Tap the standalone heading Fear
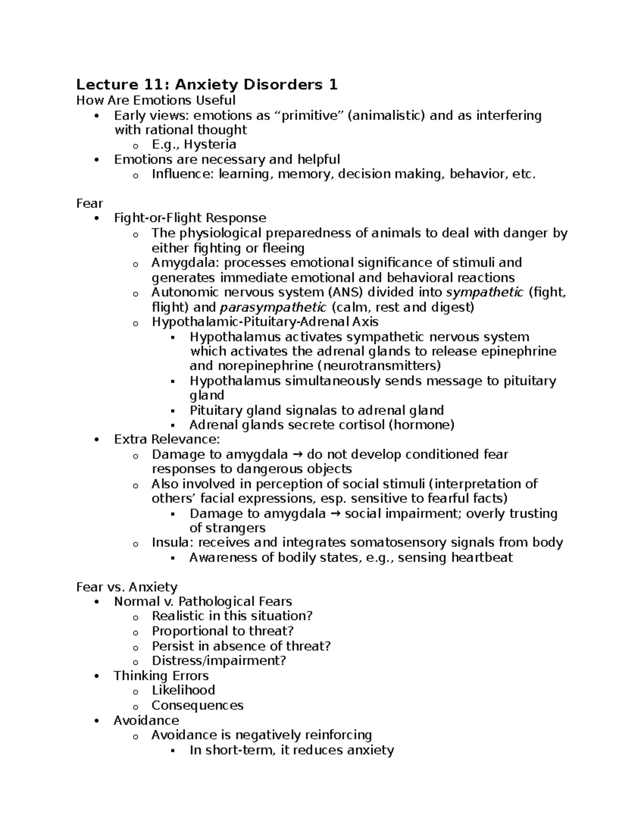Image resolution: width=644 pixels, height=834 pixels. pos(89,204)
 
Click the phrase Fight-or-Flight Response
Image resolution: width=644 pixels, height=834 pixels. pos(190,218)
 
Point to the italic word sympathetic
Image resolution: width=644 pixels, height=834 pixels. pos(485,292)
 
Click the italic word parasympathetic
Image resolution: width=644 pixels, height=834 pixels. pos(273,307)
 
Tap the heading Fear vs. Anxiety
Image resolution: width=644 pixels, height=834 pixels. pos(127,587)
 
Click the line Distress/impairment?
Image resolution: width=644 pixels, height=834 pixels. pos(219,661)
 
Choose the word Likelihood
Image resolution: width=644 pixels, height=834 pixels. pos(183,690)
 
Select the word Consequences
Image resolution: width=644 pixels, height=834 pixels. pos(197,705)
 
